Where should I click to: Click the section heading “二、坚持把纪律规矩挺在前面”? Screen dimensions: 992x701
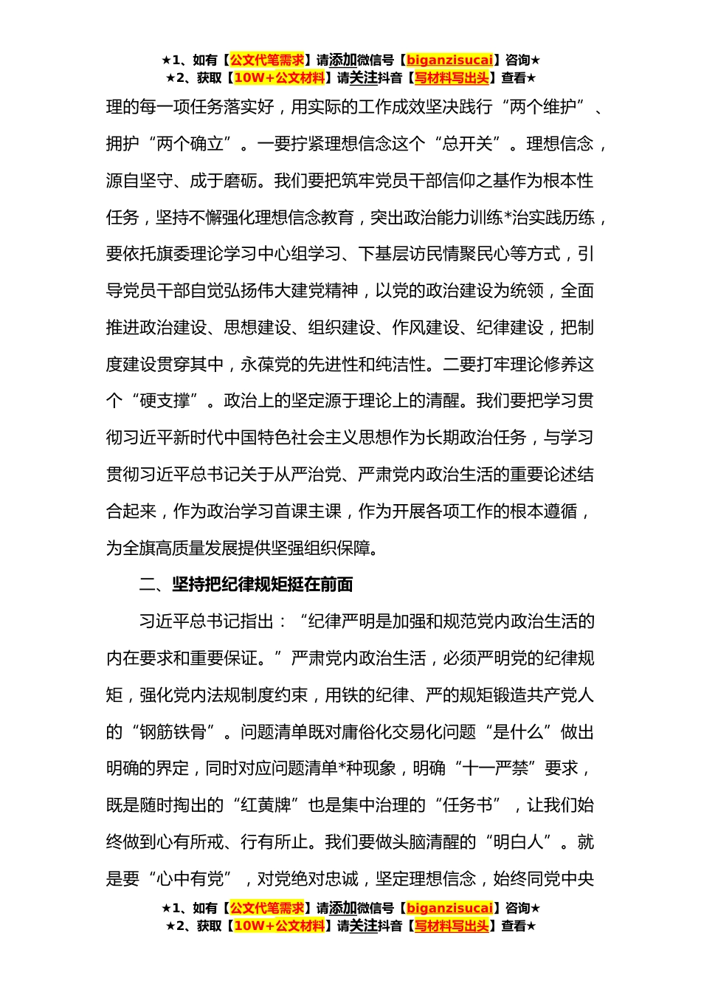[x=246, y=585]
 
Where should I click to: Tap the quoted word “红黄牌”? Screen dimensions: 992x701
[x=266, y=805]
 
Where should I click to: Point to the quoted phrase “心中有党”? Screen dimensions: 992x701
[x=190, y=879]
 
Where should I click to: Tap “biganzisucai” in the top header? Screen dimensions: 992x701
[x=449, y=60]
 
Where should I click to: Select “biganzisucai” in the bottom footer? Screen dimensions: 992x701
[x=449, y=908]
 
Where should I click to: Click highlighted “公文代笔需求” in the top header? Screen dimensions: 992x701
[x=267, y=60]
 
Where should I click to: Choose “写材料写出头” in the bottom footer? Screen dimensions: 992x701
[x=452, y=926]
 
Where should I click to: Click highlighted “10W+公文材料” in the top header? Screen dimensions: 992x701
[x=279, y=77]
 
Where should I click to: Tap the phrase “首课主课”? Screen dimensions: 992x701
[x=308, y=512]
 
